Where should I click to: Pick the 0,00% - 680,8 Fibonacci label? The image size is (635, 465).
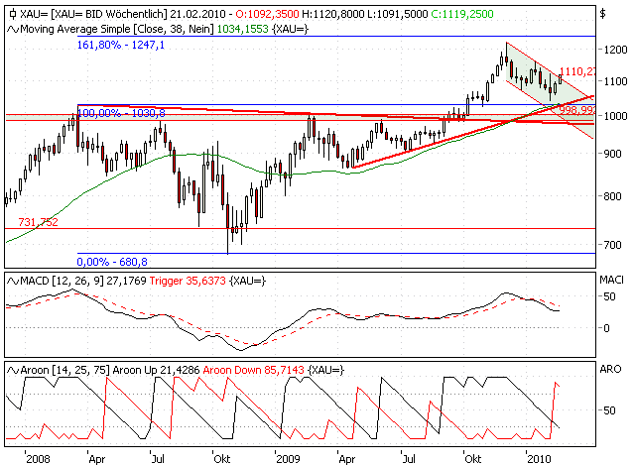pos(112,262)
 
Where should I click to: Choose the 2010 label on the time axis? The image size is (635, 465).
pos(539,459)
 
